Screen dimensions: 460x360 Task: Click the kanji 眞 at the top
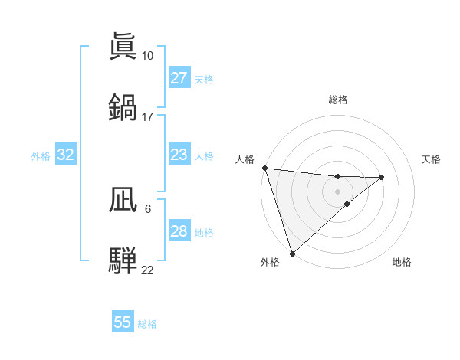123,47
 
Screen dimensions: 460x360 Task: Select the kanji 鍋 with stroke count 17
123,108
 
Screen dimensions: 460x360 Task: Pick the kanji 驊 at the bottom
123,260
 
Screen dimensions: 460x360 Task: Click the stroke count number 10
147,55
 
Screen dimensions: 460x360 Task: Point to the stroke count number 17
147,117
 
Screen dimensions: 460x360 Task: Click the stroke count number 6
147,208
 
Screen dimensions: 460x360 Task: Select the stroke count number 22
147,270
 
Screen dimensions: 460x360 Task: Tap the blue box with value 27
179,78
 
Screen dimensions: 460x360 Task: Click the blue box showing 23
179,155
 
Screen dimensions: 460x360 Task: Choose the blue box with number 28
179,231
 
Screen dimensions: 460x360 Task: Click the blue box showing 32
66,155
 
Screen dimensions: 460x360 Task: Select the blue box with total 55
123,322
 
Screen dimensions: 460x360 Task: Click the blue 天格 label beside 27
204,79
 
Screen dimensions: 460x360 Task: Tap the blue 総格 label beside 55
148,324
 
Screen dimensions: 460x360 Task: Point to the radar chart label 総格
338,100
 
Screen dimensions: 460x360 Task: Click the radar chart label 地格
402,262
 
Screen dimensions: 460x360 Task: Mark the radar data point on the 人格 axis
264,168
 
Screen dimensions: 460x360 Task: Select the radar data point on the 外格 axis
292,254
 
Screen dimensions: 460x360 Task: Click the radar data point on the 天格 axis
381,178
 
